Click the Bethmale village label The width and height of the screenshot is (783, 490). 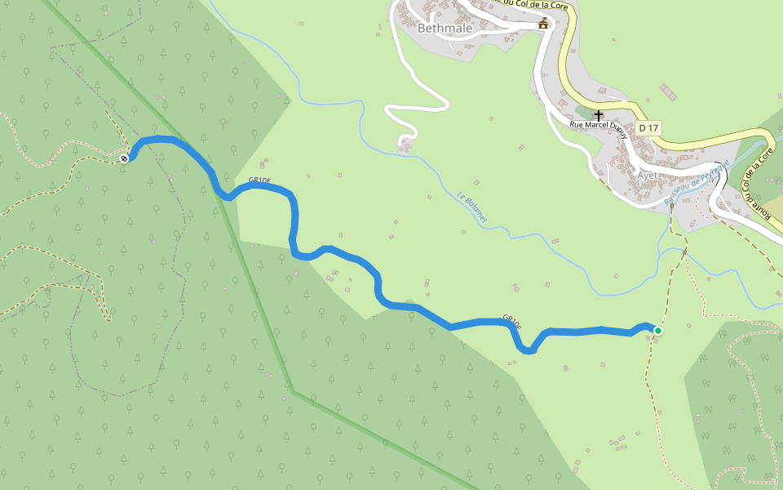(445, 28)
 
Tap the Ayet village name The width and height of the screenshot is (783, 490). (647, 175)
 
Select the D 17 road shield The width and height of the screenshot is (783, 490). (648, 128)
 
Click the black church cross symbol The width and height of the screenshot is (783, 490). (599, 116)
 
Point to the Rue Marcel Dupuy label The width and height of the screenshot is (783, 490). (599, 127)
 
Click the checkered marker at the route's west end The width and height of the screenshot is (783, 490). (124, 158)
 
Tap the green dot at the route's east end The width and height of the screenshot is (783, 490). (657, 331)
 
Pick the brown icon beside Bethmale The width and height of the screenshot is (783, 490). (543, 24)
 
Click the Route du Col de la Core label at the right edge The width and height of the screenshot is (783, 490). (759, 183)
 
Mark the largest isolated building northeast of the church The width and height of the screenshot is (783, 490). (668, 91)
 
